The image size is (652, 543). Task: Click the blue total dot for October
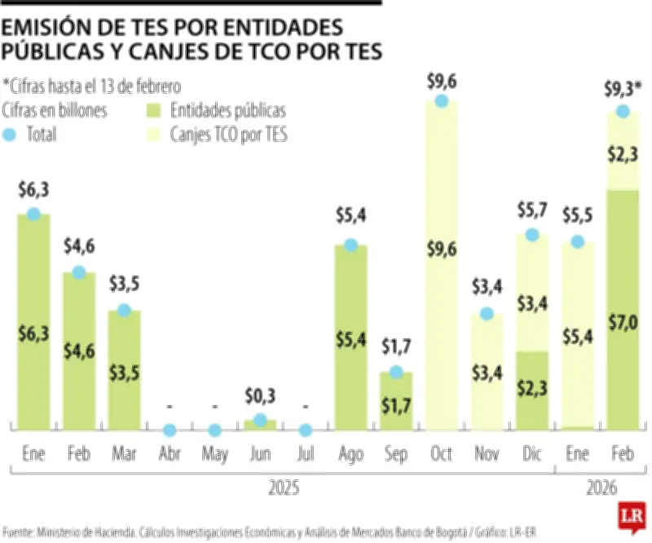[x=441, y=101]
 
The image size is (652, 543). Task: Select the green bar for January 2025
[x=33, y=326]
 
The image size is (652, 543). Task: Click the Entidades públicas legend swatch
[x=153, y=111]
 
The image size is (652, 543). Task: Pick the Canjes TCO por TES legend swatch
[x=153, y=135]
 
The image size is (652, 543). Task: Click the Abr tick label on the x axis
[x=169, y=452]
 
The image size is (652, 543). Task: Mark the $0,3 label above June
[x=260, y=397]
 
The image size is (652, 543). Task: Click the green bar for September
[x=396, y=401]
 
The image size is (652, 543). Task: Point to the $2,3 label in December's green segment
[x=532, y=389]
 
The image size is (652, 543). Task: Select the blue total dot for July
[x=306, y=430]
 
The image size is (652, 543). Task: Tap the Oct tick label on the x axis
[x=441, y=452]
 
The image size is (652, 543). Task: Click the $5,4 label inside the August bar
[x=350, y=340]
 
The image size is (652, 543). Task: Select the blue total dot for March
[x=124, y=310]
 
